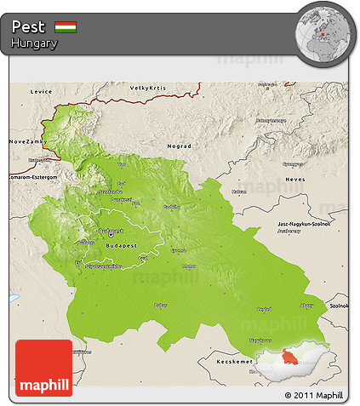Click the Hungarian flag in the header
click(x=66, y=27)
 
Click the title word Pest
click(x=29, y=27)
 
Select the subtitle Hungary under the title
click(x=34, y=43)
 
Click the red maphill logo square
click(x=44, y=367)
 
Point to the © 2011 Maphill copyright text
click(x=314, y=396)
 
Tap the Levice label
click(x=40, y=90)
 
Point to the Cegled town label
click(x=264, y=309)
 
